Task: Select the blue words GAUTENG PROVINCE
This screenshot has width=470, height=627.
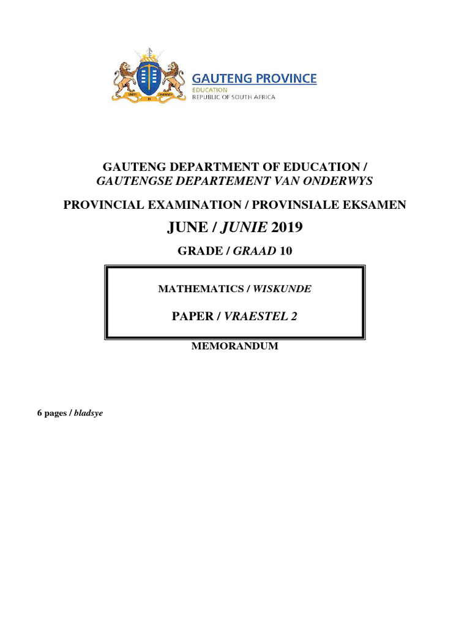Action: tap(255, 78)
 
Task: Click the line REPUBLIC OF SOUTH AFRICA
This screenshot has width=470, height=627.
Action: tap(234, 97)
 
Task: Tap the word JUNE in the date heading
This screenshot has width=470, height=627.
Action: tap(185, 228)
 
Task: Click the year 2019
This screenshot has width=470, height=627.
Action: tap(286, 228)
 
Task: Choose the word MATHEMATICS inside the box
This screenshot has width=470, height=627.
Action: tap(200, 289)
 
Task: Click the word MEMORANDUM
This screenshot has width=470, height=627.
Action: tap(235, 346)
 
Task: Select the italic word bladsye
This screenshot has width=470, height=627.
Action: tap(89, 413)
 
